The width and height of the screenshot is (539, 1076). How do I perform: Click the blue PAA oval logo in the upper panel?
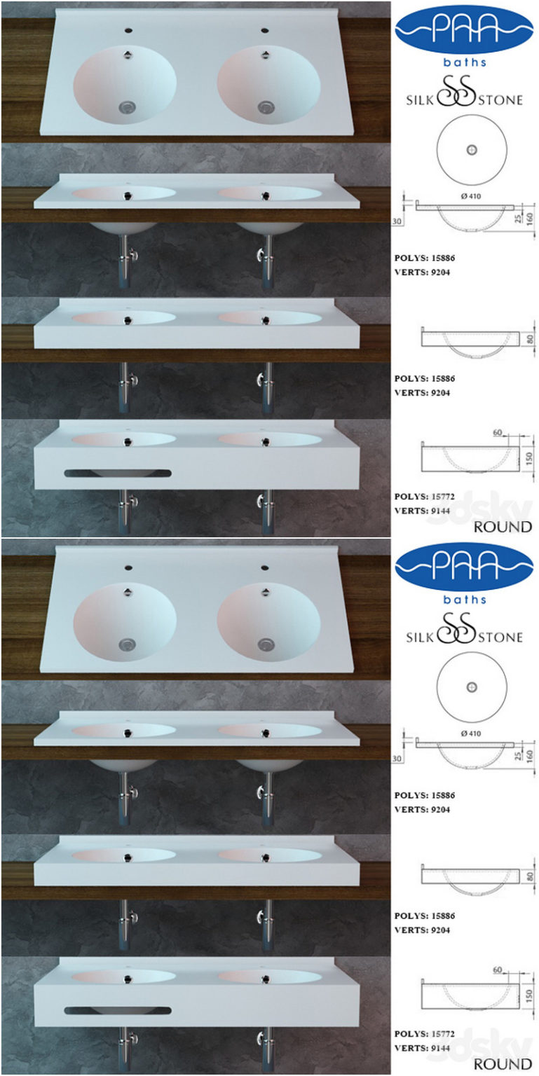465,30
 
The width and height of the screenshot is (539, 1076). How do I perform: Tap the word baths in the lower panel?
465,600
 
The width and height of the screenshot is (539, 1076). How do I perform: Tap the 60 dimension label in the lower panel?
497,970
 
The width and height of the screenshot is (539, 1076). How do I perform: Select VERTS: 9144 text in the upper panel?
422,510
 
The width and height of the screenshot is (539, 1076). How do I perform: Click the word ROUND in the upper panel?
503,527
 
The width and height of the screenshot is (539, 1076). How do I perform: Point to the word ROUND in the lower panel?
503,1064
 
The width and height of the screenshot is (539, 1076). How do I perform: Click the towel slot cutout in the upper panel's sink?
117,473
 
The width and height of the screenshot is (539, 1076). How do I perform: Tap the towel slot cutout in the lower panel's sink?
117,1010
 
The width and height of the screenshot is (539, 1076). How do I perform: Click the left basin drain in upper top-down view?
126,107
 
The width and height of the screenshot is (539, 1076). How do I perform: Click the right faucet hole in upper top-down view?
266,31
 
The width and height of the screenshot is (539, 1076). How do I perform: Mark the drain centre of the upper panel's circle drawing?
471,149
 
